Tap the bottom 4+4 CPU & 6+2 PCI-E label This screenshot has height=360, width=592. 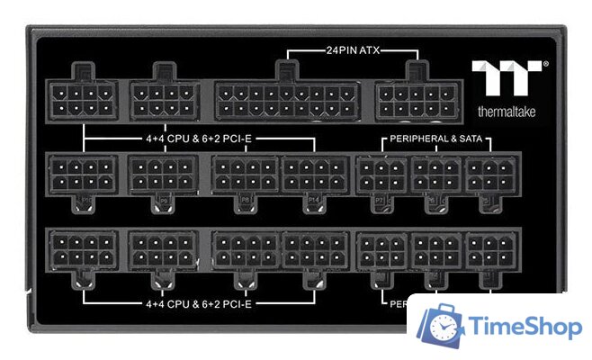pyautogui.click(x=198, y=303)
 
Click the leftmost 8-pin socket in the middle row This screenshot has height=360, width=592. pyautogui.click(x=81, y=173)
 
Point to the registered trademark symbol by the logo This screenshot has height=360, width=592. pyautogui.click(x=546, y=65)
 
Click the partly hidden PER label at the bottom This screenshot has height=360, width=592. pyautogui.click(x=397, y=303)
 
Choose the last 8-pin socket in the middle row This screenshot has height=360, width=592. pyautogui.click(x=315, y=173)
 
